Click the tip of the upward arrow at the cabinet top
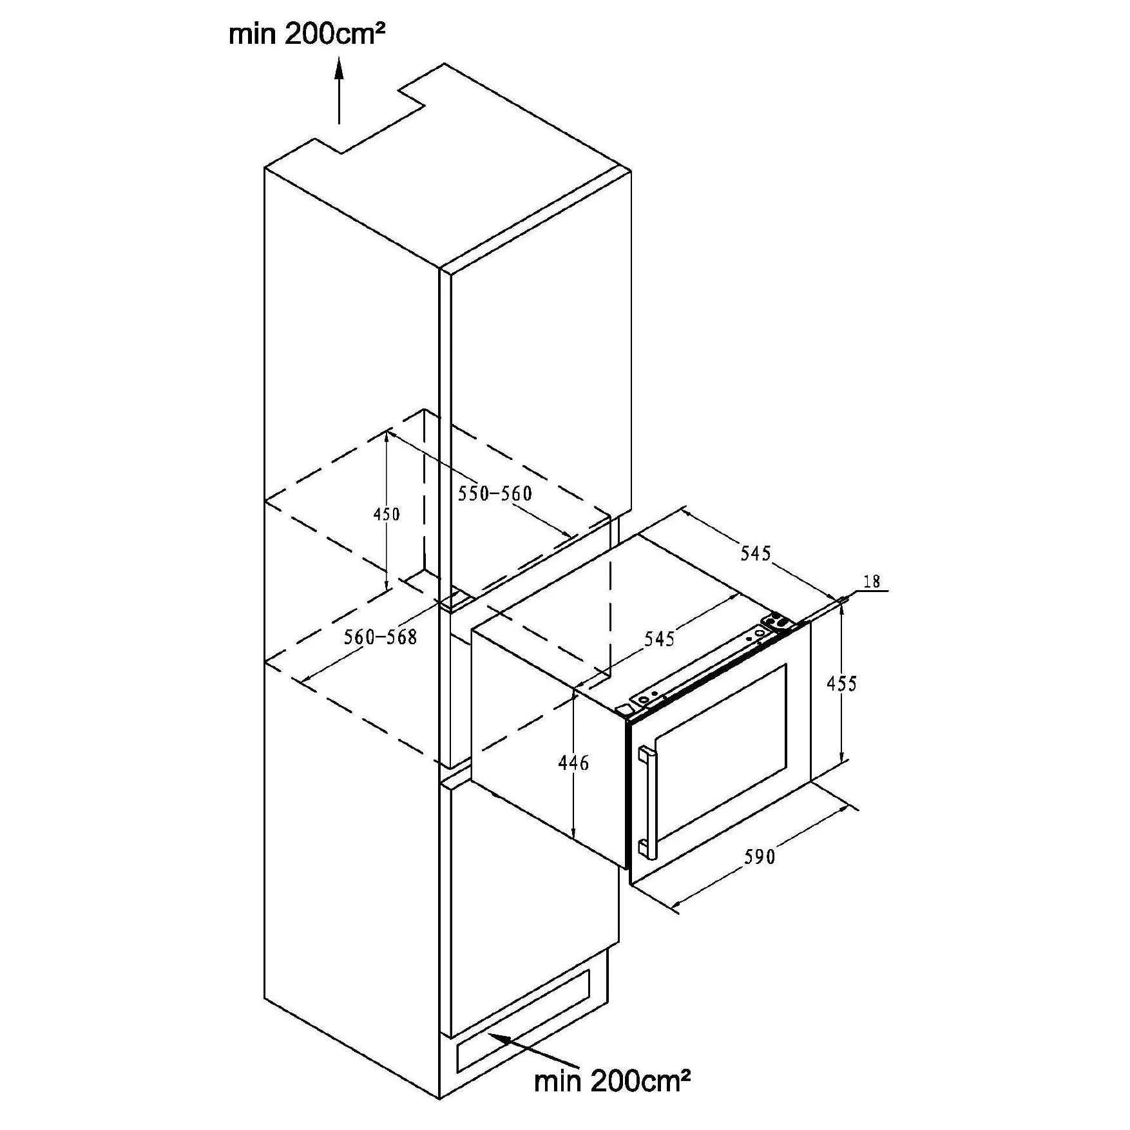(x=339, y=57)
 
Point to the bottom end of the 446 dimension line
(x=573, y=840)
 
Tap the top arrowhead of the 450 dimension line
(x=387, y=432)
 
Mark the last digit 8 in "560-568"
(x=411, y=637)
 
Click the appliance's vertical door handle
(x=646, y=803)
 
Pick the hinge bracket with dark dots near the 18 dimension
(x=778, y=622)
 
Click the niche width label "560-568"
(x=380, y=637)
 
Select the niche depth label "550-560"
(x=495, y=493)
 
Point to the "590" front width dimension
(x=760, y=856)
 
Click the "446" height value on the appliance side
(x=573, y=763)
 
